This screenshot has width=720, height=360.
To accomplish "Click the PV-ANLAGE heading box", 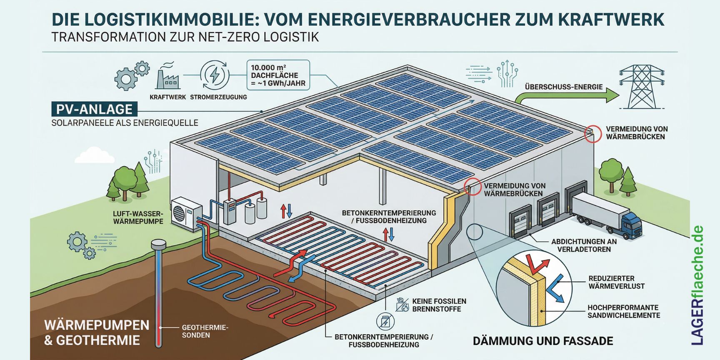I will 94,109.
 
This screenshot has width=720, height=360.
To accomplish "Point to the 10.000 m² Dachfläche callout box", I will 278,75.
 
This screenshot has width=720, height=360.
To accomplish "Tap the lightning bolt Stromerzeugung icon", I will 215,75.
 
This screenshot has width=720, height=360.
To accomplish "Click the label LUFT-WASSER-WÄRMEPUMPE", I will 138,217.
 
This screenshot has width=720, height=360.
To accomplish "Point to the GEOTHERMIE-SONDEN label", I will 205,331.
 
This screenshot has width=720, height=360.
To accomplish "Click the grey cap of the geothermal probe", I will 159,243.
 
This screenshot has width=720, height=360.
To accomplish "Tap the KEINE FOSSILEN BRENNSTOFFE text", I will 439,305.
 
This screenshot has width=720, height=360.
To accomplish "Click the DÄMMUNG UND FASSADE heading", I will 543,341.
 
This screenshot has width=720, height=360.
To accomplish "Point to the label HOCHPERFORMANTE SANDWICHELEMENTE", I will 623,311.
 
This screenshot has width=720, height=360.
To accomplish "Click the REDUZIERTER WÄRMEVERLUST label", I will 616,282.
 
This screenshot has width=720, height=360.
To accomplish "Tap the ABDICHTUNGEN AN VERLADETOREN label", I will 584,245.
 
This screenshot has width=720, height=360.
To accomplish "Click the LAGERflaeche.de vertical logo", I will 697,285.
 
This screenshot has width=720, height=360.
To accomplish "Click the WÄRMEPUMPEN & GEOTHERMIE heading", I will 97,332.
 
